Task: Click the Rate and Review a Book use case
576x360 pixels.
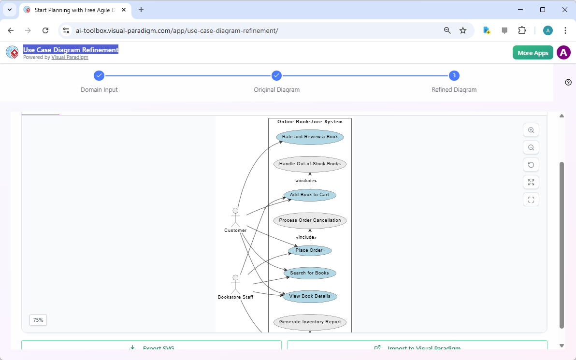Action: (310, 137)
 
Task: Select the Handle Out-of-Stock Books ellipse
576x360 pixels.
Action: (310, 164)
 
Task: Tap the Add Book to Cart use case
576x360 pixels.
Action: (309, 195)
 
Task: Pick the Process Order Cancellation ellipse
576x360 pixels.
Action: (310, 220)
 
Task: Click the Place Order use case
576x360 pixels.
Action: (309, 250)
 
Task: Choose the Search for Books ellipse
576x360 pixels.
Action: (309, 273)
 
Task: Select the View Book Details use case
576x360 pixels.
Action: (309, 296)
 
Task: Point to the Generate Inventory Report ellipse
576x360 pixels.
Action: (310, 322)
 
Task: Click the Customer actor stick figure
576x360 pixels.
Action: (235, 217)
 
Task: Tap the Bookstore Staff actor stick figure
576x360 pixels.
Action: (235, 284)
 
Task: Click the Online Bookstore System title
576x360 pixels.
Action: (310, 122)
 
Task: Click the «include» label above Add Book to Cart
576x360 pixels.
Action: (306, 181)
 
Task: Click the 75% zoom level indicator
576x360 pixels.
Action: (38, 320)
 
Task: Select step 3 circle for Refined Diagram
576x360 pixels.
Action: (454, 75)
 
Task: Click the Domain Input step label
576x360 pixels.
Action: (99, 90)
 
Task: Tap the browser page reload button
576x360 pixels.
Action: (45, 30)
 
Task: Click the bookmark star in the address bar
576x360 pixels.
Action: (463, 30)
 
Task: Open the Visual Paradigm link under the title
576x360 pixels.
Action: (70, 57)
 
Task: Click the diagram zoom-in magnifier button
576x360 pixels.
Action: (531, 130)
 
